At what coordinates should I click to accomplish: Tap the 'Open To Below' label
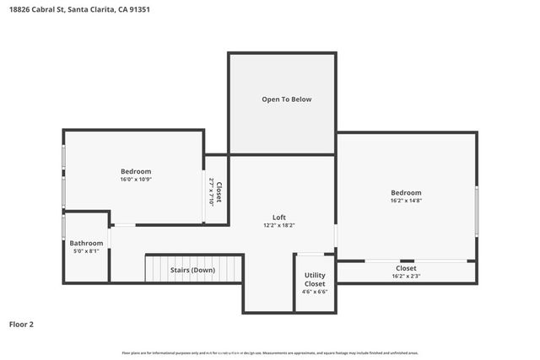[286, 99]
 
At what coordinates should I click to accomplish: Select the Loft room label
[278, 217]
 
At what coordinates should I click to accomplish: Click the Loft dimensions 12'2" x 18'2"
[278, 225]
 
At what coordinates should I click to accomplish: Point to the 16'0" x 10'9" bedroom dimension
[135, 179]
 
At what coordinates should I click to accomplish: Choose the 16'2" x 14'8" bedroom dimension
[406, 201]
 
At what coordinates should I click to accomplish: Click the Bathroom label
[86, 243]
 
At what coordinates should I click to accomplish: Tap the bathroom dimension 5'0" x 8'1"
[86, 251]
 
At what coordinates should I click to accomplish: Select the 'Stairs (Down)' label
[192, 270]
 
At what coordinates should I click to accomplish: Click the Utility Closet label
[315, 280]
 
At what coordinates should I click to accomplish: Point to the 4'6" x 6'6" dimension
[315, 292]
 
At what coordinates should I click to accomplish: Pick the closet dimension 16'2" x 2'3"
[406, 276]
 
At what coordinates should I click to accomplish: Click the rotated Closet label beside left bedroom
[219, 193]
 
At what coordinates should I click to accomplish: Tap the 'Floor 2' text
[21, 324]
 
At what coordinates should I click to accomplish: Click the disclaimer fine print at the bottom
[270, 352]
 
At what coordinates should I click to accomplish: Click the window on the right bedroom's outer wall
[477, 211]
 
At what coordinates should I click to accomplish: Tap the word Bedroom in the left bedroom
[135, 171]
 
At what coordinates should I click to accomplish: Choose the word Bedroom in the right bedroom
[406, 192]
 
